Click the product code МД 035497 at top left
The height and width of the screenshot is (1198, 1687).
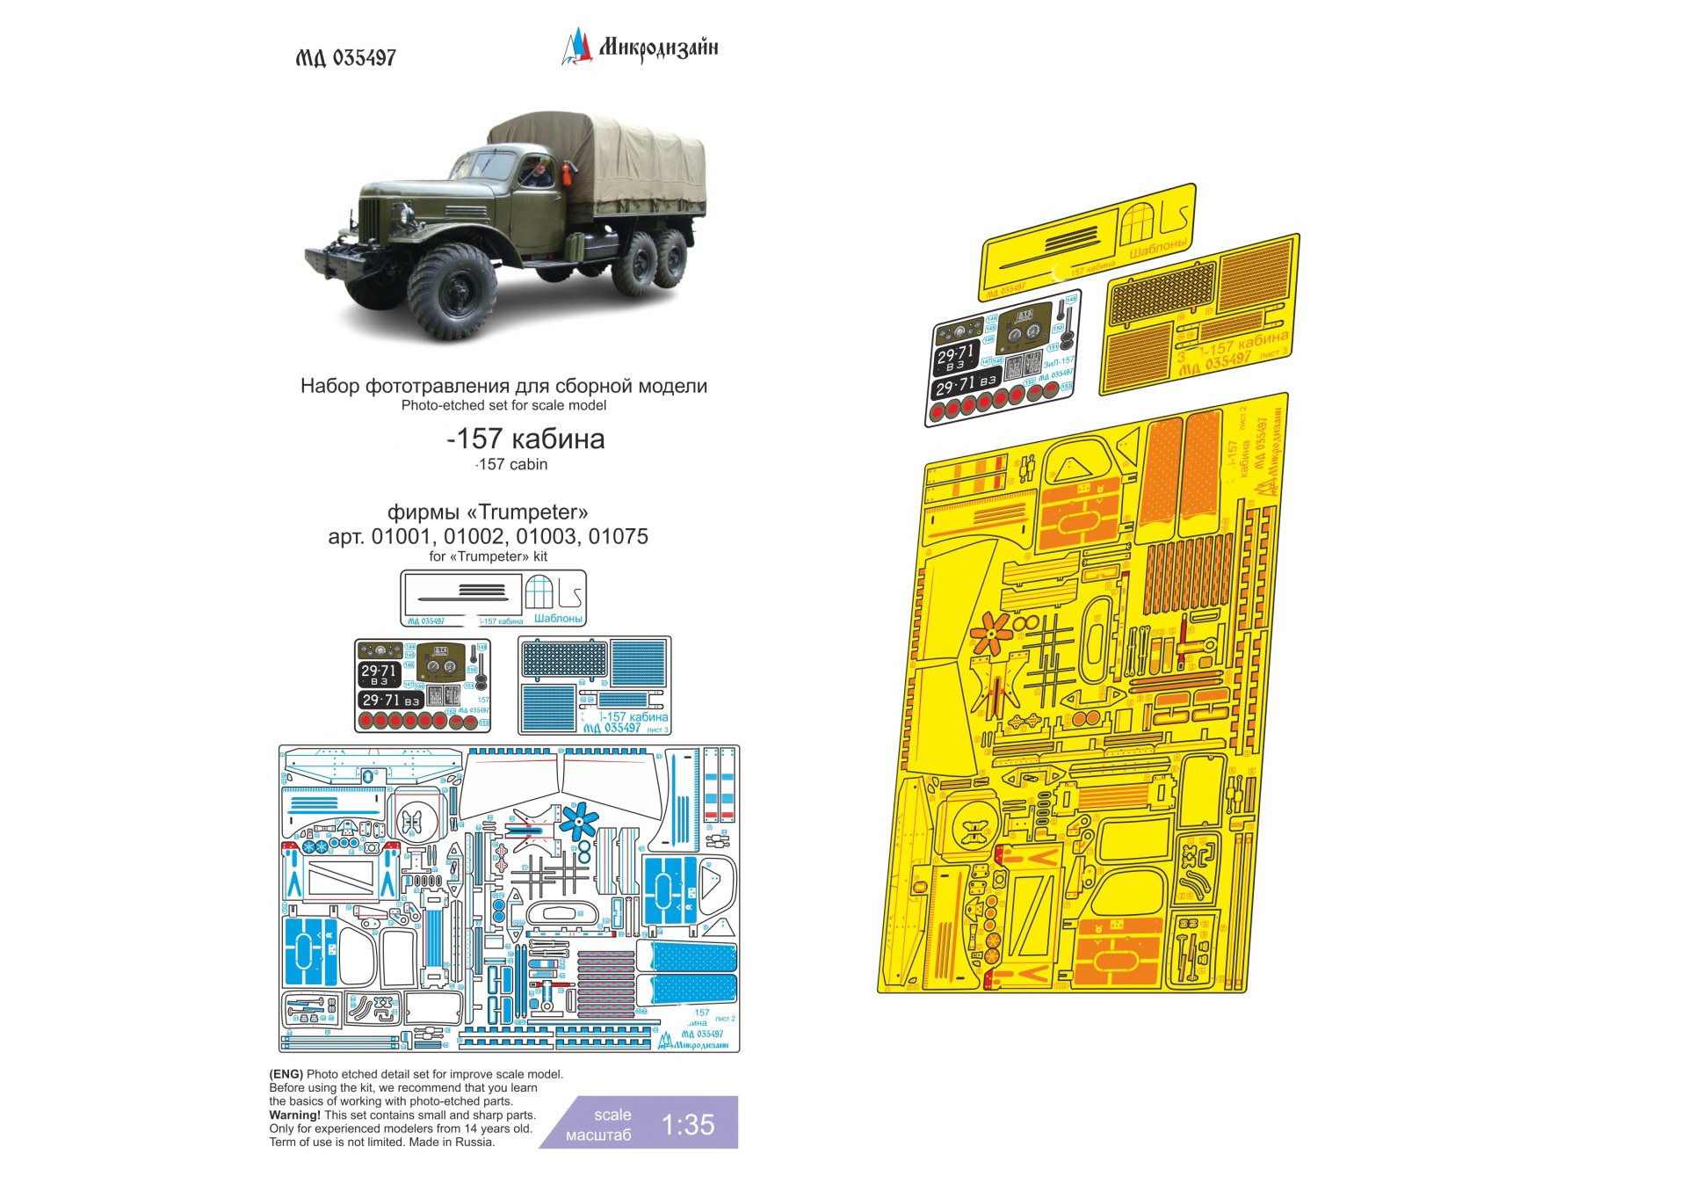345,58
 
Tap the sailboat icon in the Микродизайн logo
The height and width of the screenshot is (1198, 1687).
576,47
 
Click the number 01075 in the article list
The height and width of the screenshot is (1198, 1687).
619,536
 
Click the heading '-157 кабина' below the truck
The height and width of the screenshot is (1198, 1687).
525,439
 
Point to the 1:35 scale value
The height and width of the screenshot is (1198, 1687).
687,1124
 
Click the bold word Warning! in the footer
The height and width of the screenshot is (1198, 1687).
294,1115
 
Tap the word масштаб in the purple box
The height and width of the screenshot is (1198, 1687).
598,1135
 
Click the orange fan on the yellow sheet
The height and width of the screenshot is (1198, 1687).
990,632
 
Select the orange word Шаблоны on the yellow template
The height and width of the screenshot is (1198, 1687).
1158,248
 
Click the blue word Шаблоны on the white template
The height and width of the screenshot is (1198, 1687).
558,619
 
